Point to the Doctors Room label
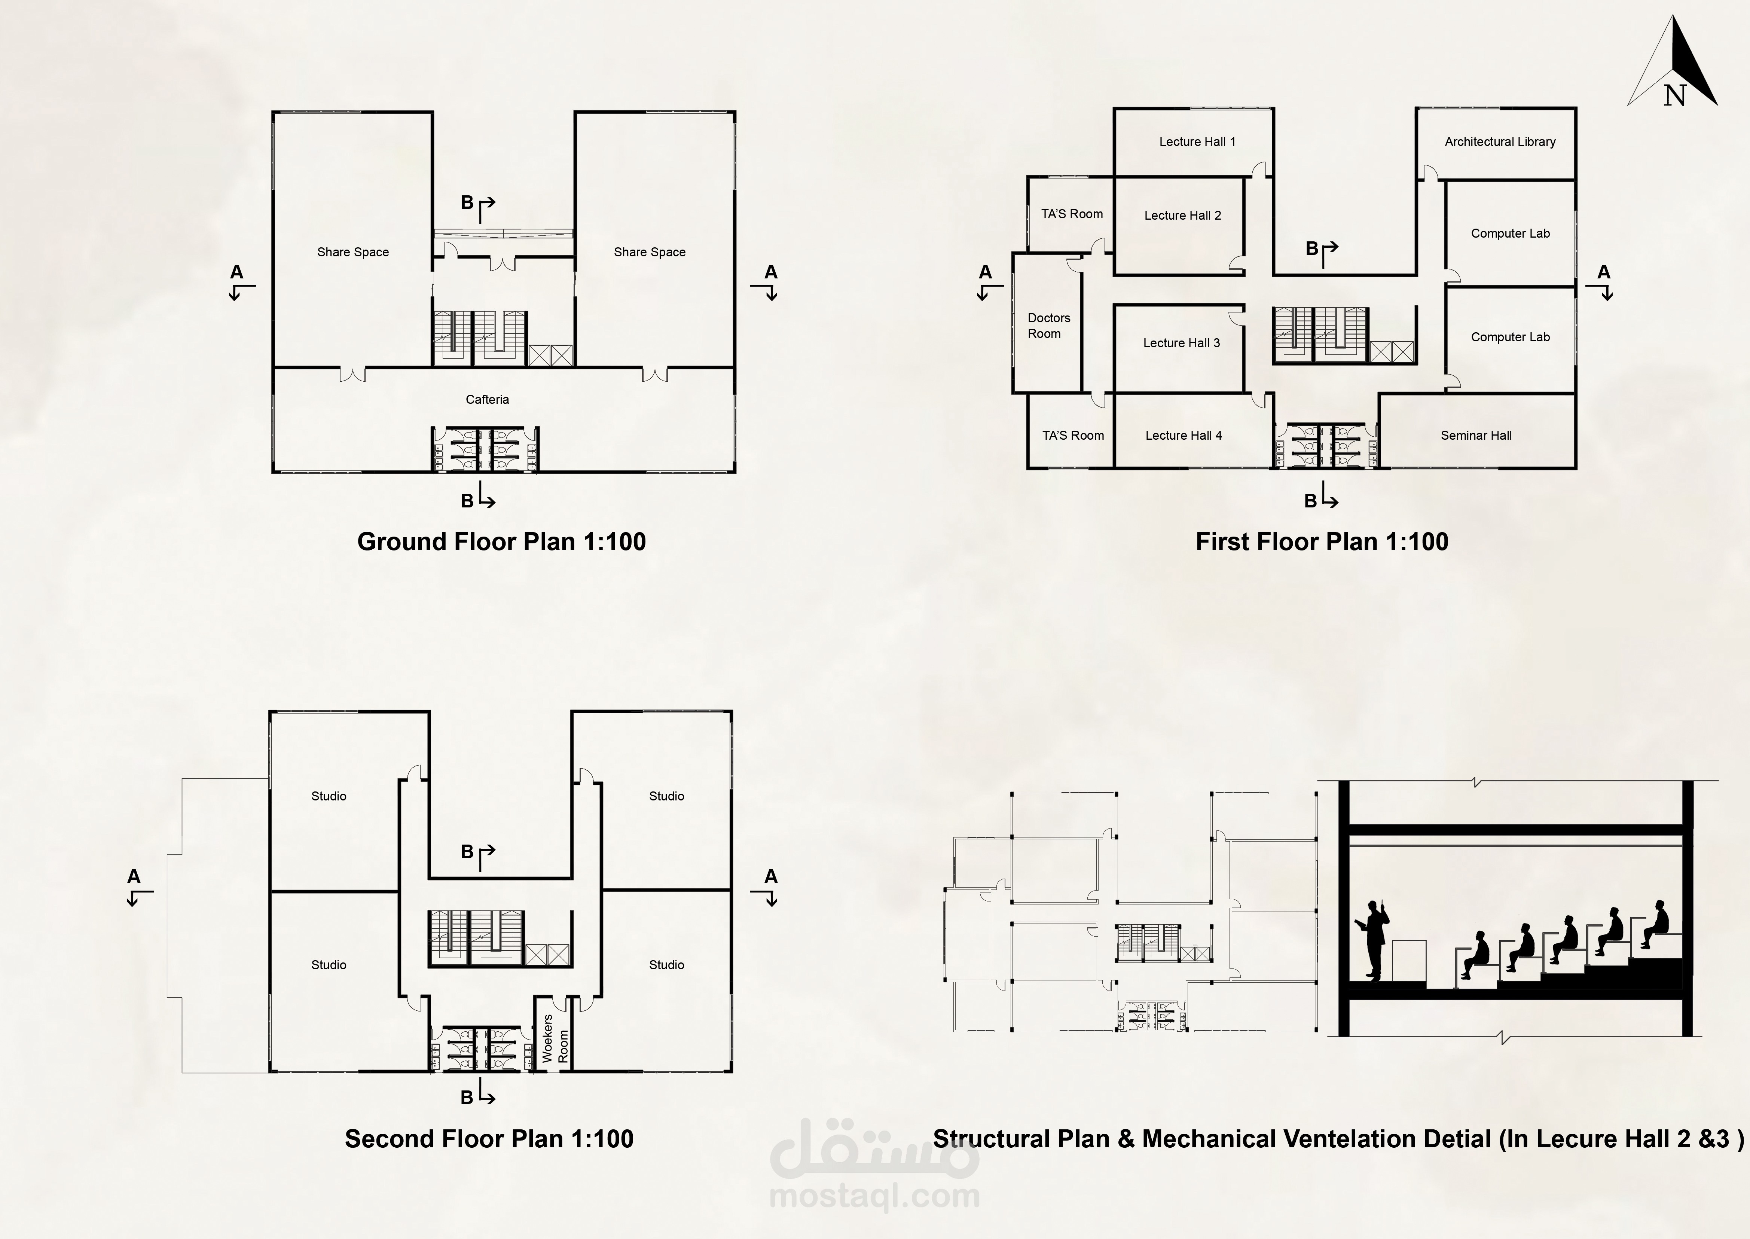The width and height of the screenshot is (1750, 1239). (1048, 326)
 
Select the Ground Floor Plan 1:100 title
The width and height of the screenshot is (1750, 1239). (501, 542)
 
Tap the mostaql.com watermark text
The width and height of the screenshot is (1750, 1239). (874, 1196)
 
